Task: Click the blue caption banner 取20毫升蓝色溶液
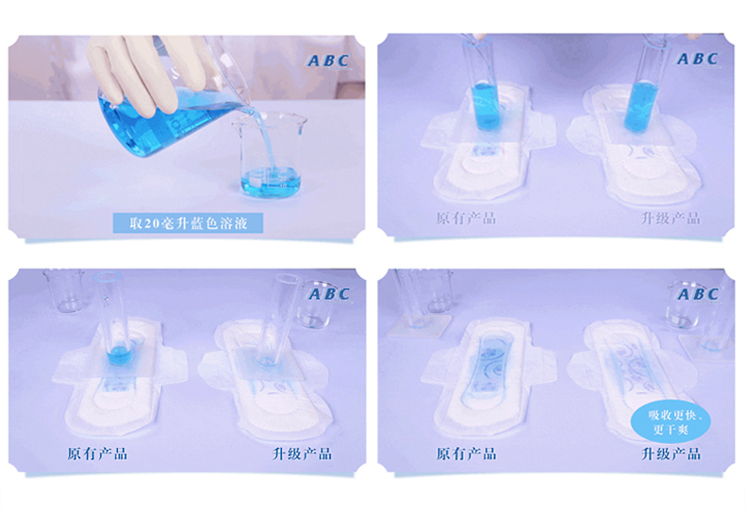(188, 222)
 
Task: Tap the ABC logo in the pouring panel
(328, 60)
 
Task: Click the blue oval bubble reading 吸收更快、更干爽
(670, 422)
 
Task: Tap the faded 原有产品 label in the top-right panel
(466, 219)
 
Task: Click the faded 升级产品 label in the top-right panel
(670, 219)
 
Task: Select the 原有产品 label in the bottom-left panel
(97, 454)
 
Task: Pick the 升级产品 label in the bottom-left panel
(302, 454)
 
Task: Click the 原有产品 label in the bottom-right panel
(466, 454)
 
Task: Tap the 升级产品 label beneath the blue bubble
(670, 454)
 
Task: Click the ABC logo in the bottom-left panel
(329, 294)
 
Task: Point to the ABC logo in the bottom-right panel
(698, 294)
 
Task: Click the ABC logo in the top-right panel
(698, 58)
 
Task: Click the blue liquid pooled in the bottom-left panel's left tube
(118, 355)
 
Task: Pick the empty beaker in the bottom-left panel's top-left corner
(65, 290)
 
